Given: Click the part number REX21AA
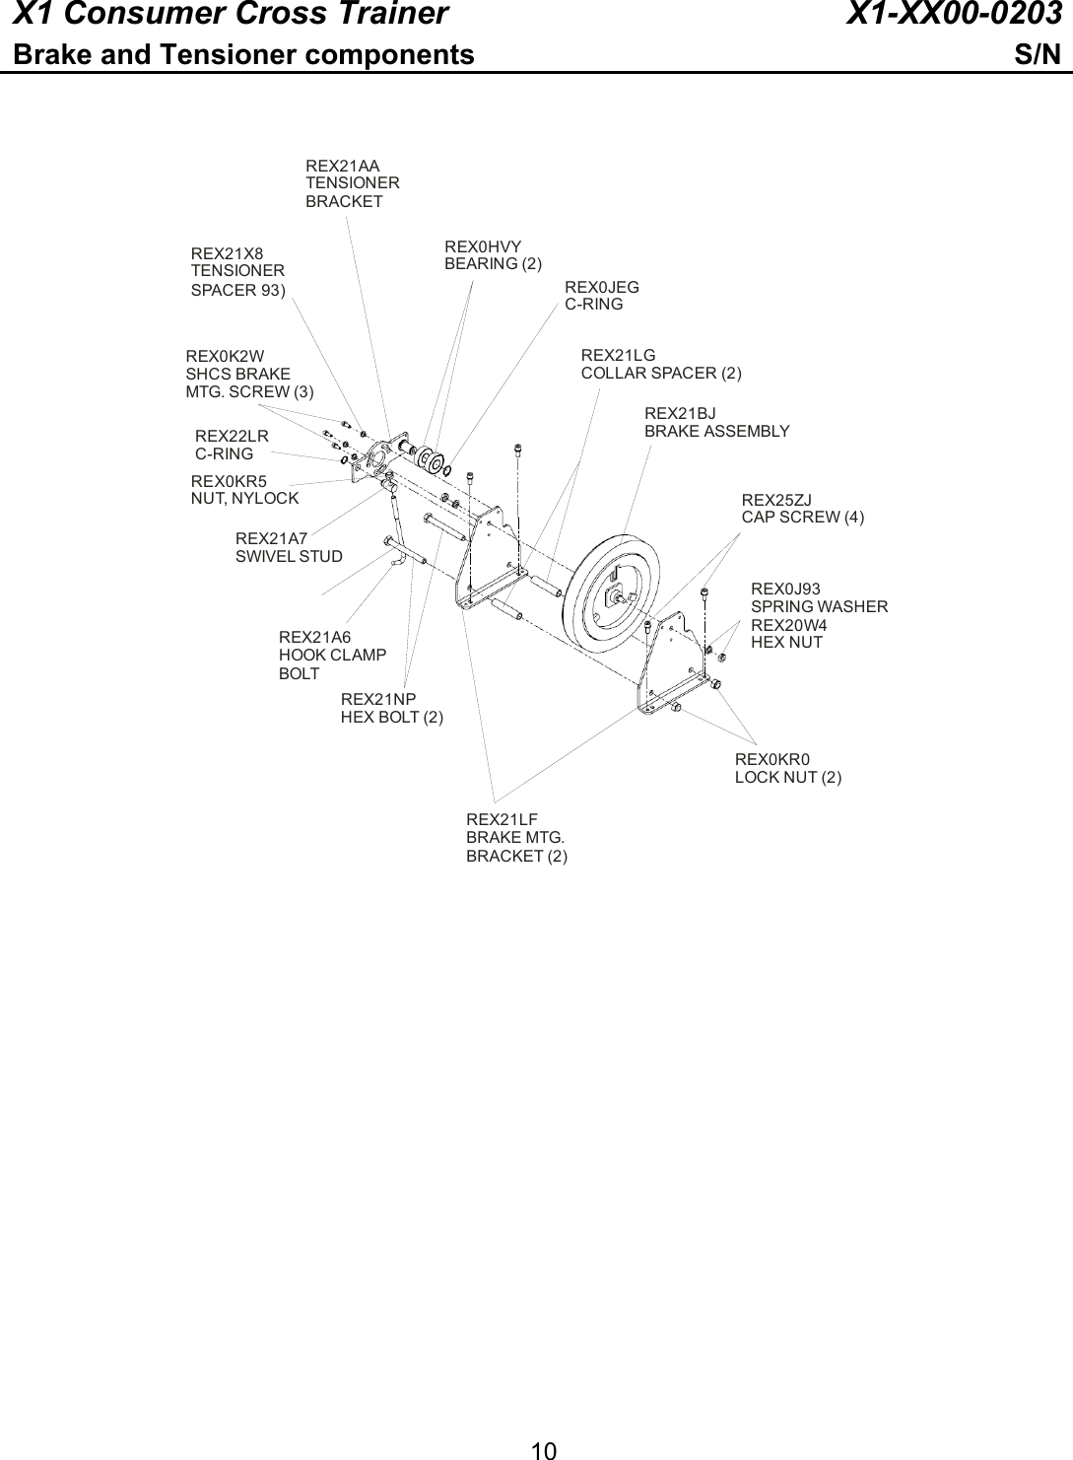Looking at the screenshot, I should tap(342, 167).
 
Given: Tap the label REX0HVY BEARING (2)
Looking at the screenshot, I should tap(493, 255).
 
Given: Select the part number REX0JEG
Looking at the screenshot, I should tap(601, 287).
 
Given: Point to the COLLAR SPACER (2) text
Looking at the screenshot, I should tap(661, 373).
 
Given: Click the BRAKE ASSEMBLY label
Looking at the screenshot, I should tap(716, 431).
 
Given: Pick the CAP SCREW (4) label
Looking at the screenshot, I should tap(802, 517).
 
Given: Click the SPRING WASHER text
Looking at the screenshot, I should tap(819, 606).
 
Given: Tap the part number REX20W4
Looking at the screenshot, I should tap(788, 626).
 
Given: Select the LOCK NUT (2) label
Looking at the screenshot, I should tap(787, 777).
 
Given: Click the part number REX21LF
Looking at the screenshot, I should tap(501, 819).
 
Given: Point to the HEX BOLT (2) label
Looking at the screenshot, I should tap(391, 717).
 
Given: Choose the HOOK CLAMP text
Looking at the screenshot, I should tap(332, 655).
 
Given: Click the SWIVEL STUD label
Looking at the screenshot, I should tap(289, 556).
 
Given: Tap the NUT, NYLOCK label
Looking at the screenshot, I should tap(244, 498).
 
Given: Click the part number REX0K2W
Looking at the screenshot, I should tap(225, 356).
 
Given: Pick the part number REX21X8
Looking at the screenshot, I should tap(227, 253).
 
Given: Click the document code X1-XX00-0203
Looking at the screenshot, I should tap(954, 15).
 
